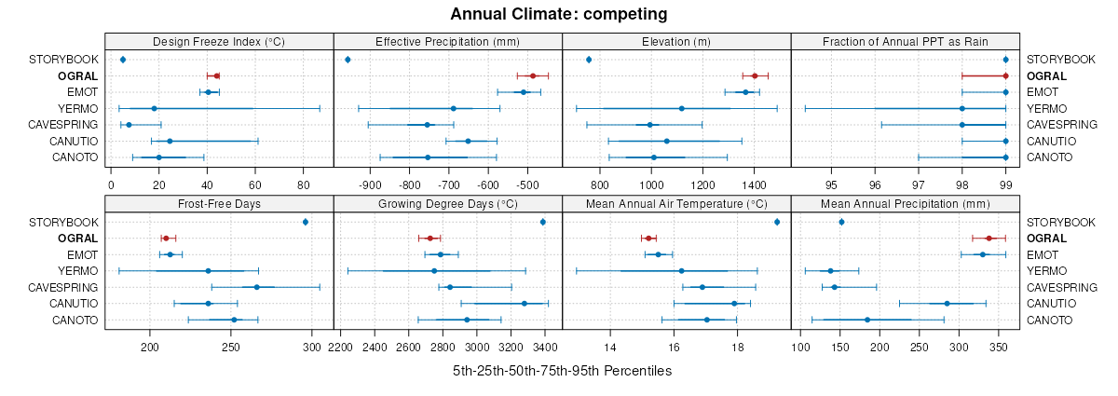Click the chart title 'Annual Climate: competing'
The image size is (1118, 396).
coord(558,14)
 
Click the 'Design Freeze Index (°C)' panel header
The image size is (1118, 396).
coord(219,41)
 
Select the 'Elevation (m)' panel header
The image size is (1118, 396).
coord(676,41)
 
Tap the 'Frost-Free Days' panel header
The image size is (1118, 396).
coord(219,204)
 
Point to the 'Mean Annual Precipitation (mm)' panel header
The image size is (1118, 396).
coord(905,204)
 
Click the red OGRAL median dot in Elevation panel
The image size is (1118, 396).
coord(755,75)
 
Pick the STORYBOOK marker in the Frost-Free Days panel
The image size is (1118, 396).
coord(306,222)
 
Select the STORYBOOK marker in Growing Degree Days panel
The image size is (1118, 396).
coord(543,222)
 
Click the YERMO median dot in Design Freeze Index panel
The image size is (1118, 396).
coord(155,108)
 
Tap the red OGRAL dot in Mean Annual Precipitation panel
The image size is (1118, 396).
coord(988,239)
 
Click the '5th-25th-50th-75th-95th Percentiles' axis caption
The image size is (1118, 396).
coord(562,371)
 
